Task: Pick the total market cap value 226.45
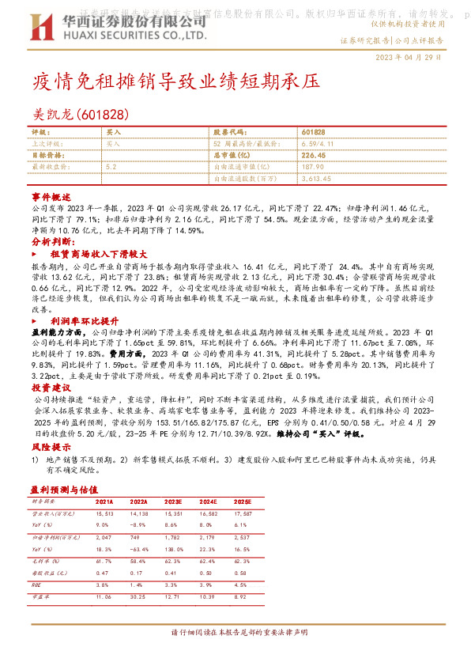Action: (x=314, y=155)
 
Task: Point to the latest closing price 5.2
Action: (x=111, y=167)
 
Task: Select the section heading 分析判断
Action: (x=54, y=240)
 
